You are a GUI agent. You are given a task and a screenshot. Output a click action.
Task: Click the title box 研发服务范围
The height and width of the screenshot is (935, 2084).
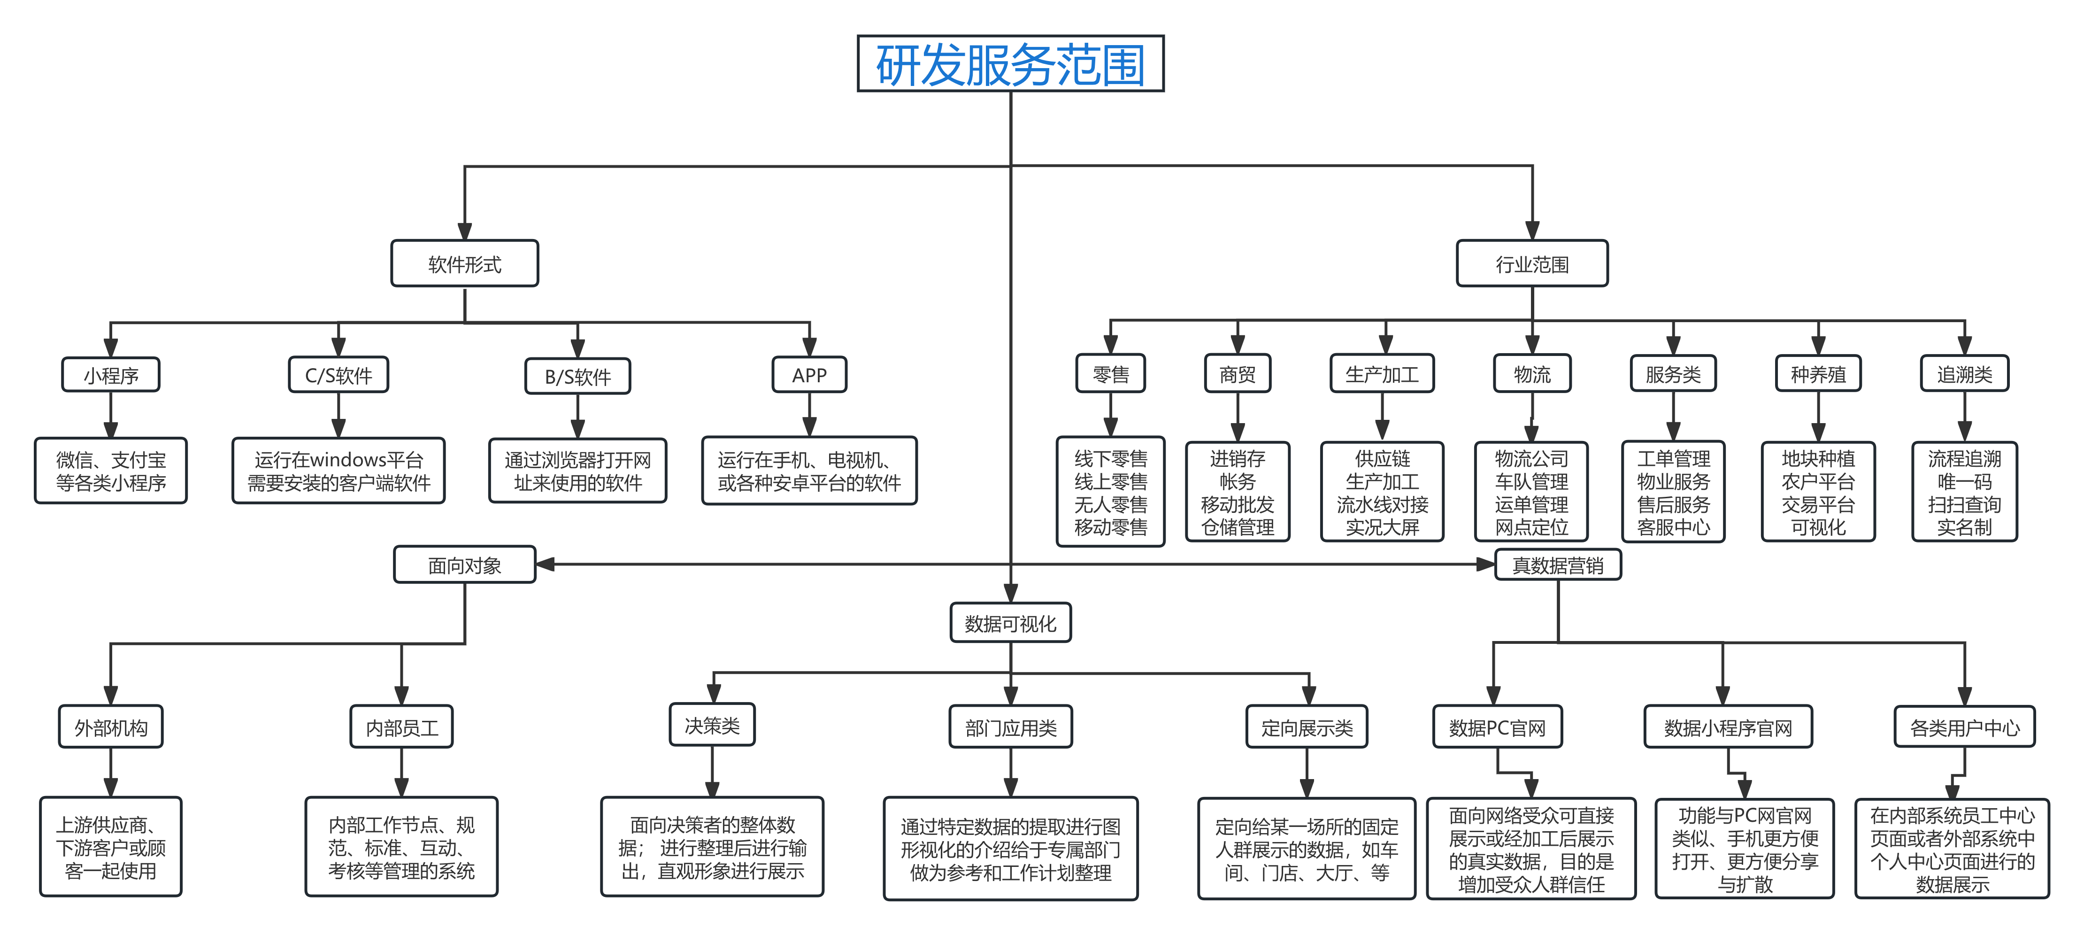tap(1010, 64)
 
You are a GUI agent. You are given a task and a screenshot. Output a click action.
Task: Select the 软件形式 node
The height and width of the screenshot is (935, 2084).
tap(464, 264)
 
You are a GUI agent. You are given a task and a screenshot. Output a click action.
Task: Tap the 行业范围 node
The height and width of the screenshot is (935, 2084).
tap(1531, 264)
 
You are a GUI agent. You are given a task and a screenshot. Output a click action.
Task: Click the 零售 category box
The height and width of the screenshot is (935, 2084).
tap(1111, 374)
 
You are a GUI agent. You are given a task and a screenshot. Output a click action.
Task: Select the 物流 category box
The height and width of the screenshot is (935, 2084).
tap(1531, 374)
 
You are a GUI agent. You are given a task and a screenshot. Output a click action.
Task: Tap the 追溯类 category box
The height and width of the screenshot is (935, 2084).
tap(1964, 374)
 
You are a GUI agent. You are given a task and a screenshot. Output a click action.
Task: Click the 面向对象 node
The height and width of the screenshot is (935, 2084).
tap(464, 565)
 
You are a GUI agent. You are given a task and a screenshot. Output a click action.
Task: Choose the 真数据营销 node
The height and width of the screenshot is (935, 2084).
tap(1557, 565)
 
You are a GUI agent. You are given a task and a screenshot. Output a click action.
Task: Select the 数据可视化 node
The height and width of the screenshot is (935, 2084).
tap(1010, 623)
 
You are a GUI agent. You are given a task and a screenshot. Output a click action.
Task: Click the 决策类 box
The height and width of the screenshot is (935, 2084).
tap(712, 726)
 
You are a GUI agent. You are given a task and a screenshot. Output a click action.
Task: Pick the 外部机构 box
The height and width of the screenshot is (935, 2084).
tap(111, 728)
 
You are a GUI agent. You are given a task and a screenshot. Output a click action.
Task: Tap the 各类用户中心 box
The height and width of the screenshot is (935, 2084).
tap(1964, 728)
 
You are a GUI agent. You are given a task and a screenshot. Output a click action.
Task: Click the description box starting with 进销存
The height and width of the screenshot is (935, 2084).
tap(1237, 492)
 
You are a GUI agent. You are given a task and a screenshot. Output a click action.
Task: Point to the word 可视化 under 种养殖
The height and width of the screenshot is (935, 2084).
tap(1818, 527)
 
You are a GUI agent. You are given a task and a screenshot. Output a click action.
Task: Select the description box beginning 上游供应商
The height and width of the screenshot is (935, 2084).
tap(111, 847)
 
